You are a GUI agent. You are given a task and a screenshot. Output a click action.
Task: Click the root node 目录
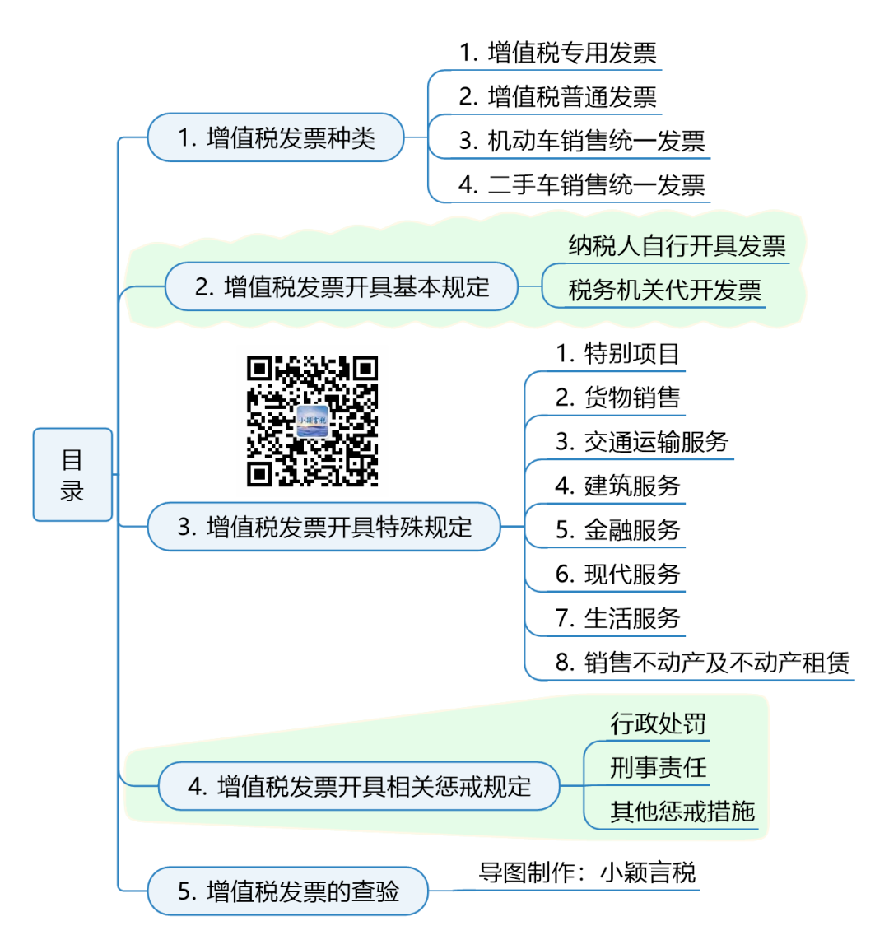click(x=72, y=475)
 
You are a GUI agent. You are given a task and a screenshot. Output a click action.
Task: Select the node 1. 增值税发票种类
click(x=276, y=137)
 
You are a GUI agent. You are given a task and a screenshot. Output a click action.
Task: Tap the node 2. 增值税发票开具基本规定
click(x=342, y=286)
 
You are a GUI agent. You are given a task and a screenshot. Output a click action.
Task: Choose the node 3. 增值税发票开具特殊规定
click(x=324, y=527)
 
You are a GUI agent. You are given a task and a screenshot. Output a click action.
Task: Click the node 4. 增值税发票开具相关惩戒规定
click(x=359, y=786)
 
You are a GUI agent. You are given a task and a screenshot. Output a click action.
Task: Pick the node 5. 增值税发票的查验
click(x=288, y=891)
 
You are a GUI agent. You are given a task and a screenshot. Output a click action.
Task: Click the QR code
click(x=312, y=421)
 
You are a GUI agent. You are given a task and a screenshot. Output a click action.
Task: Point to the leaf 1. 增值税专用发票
click(x=558, y=53)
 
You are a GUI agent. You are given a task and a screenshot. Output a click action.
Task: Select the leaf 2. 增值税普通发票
click(x=558, y=97)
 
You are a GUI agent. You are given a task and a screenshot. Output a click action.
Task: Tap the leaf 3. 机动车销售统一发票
click(x=582, y=141)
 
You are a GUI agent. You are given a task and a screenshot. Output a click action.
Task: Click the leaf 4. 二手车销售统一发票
click(x=582, y=185)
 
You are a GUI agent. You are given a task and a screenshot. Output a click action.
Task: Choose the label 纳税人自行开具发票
click(x=677, y=246)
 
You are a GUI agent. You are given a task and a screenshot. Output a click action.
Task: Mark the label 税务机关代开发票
click(x=664, y=291)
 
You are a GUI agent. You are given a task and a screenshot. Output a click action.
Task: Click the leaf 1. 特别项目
click(x=617, y=354)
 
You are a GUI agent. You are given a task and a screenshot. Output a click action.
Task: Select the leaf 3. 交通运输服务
click(x=642, y=442)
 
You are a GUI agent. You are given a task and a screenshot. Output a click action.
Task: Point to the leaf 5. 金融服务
click(x=617, y=530)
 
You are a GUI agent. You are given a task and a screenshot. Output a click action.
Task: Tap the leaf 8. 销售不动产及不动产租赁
click(x=702, y=663)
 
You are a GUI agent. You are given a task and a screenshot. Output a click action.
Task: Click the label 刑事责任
click(x=658, y=768)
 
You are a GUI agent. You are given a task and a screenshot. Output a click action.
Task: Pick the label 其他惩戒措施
click(x=682, y=812)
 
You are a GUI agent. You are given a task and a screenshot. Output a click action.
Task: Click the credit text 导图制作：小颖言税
click(x=587, y=872)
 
